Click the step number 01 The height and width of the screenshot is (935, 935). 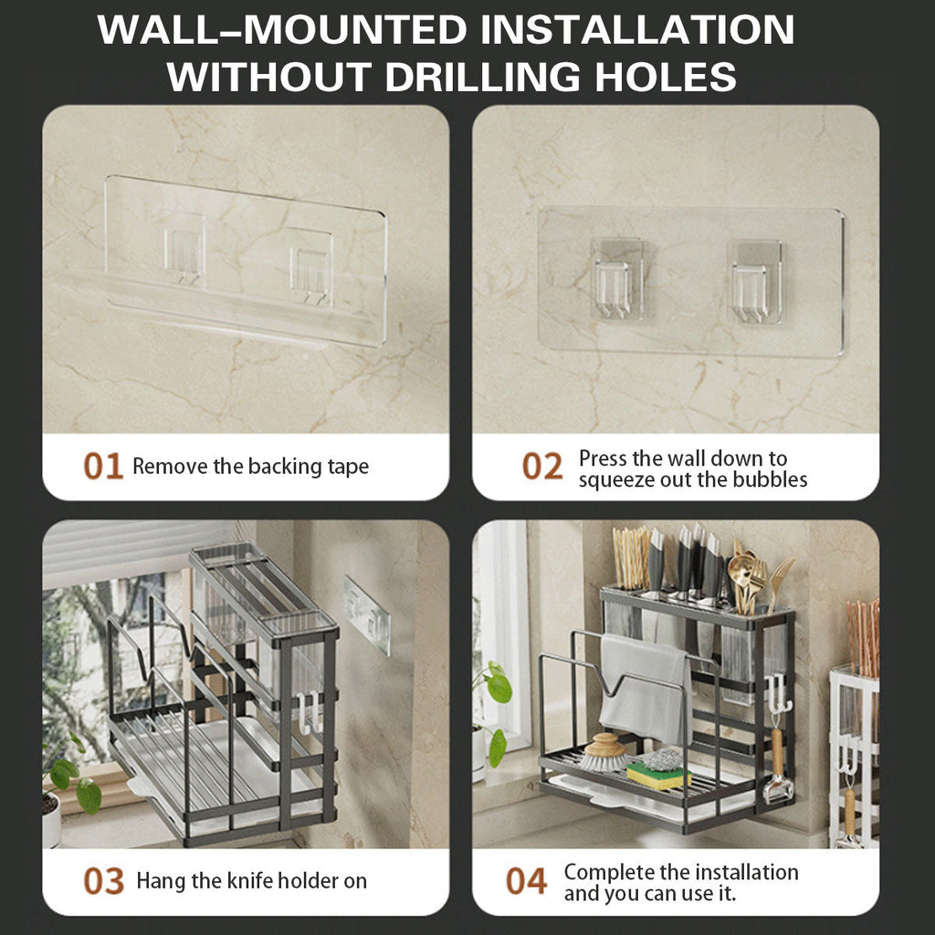click(x=103, y=466)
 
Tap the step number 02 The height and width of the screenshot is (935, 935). click(x=542, y=467)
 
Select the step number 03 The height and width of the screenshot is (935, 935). click(x=104, y=881)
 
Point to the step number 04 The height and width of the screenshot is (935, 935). click(x=526, y=881)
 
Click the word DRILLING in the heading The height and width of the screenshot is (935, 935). click(x=482, y=77)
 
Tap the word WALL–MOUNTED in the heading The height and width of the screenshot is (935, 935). click(x=282, y=29)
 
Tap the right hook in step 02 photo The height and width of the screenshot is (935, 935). click(x=754, y=283)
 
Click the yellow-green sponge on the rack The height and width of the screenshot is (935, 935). click(x=658, y=776)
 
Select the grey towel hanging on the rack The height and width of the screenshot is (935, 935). click(x=646, y=686)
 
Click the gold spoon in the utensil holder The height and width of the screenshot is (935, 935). click(x=741, y=582)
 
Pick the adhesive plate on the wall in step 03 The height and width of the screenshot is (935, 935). click(x=367, y=615)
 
